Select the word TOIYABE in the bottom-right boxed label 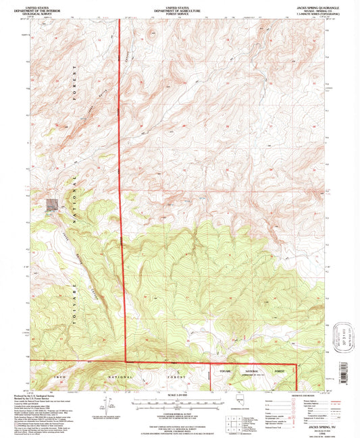(x=241, y=371)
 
